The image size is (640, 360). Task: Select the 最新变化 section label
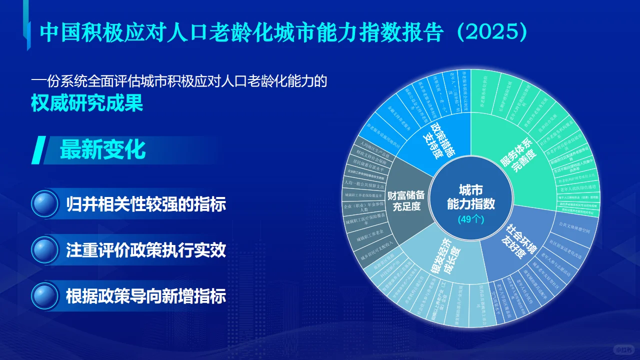pos(102,149)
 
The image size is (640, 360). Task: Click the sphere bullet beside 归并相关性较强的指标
pos(45,204)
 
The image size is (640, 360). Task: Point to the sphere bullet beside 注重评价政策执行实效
pos(45,250)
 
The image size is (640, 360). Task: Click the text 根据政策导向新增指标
pos(146,296)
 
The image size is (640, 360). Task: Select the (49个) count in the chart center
pos(470,219)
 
